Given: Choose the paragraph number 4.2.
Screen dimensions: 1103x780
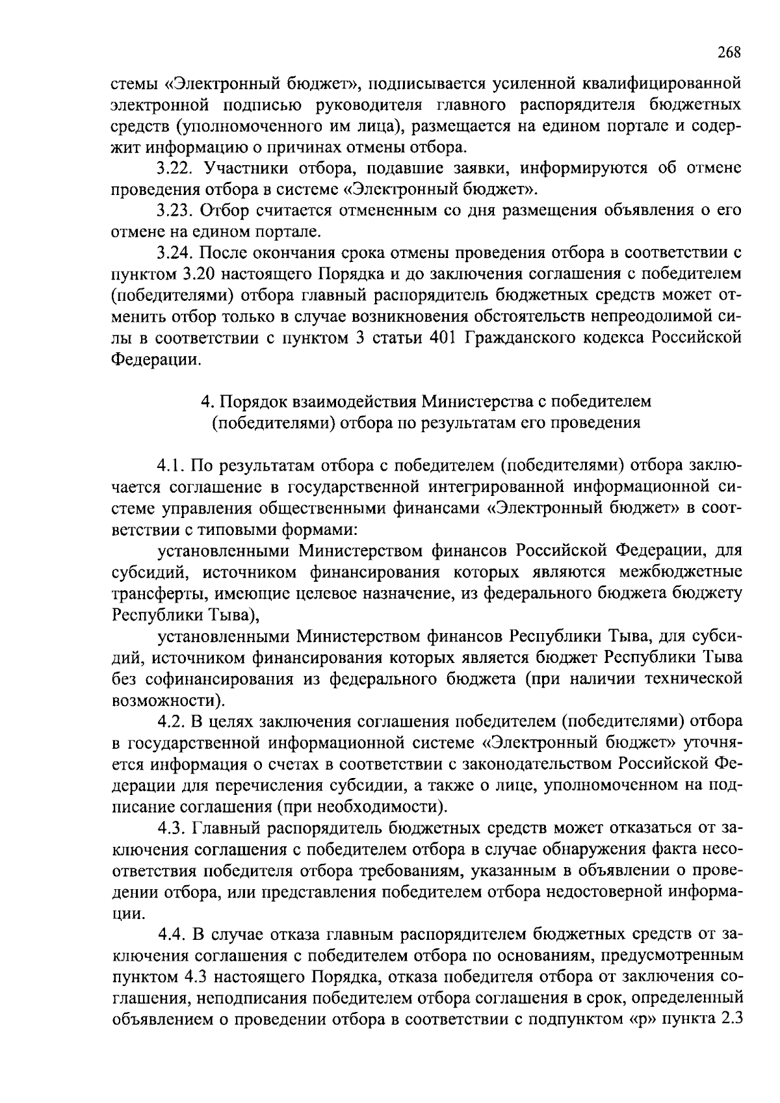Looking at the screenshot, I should click(172, 722).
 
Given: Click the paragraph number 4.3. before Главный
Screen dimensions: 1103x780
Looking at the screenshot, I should click(172, 829).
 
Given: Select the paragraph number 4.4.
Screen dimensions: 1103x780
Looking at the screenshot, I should click(172, 935).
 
